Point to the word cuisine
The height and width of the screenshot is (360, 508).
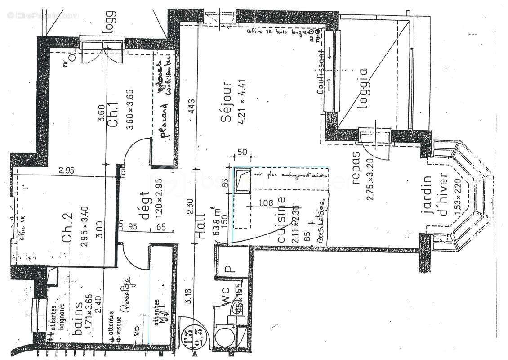click(281, 220)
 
